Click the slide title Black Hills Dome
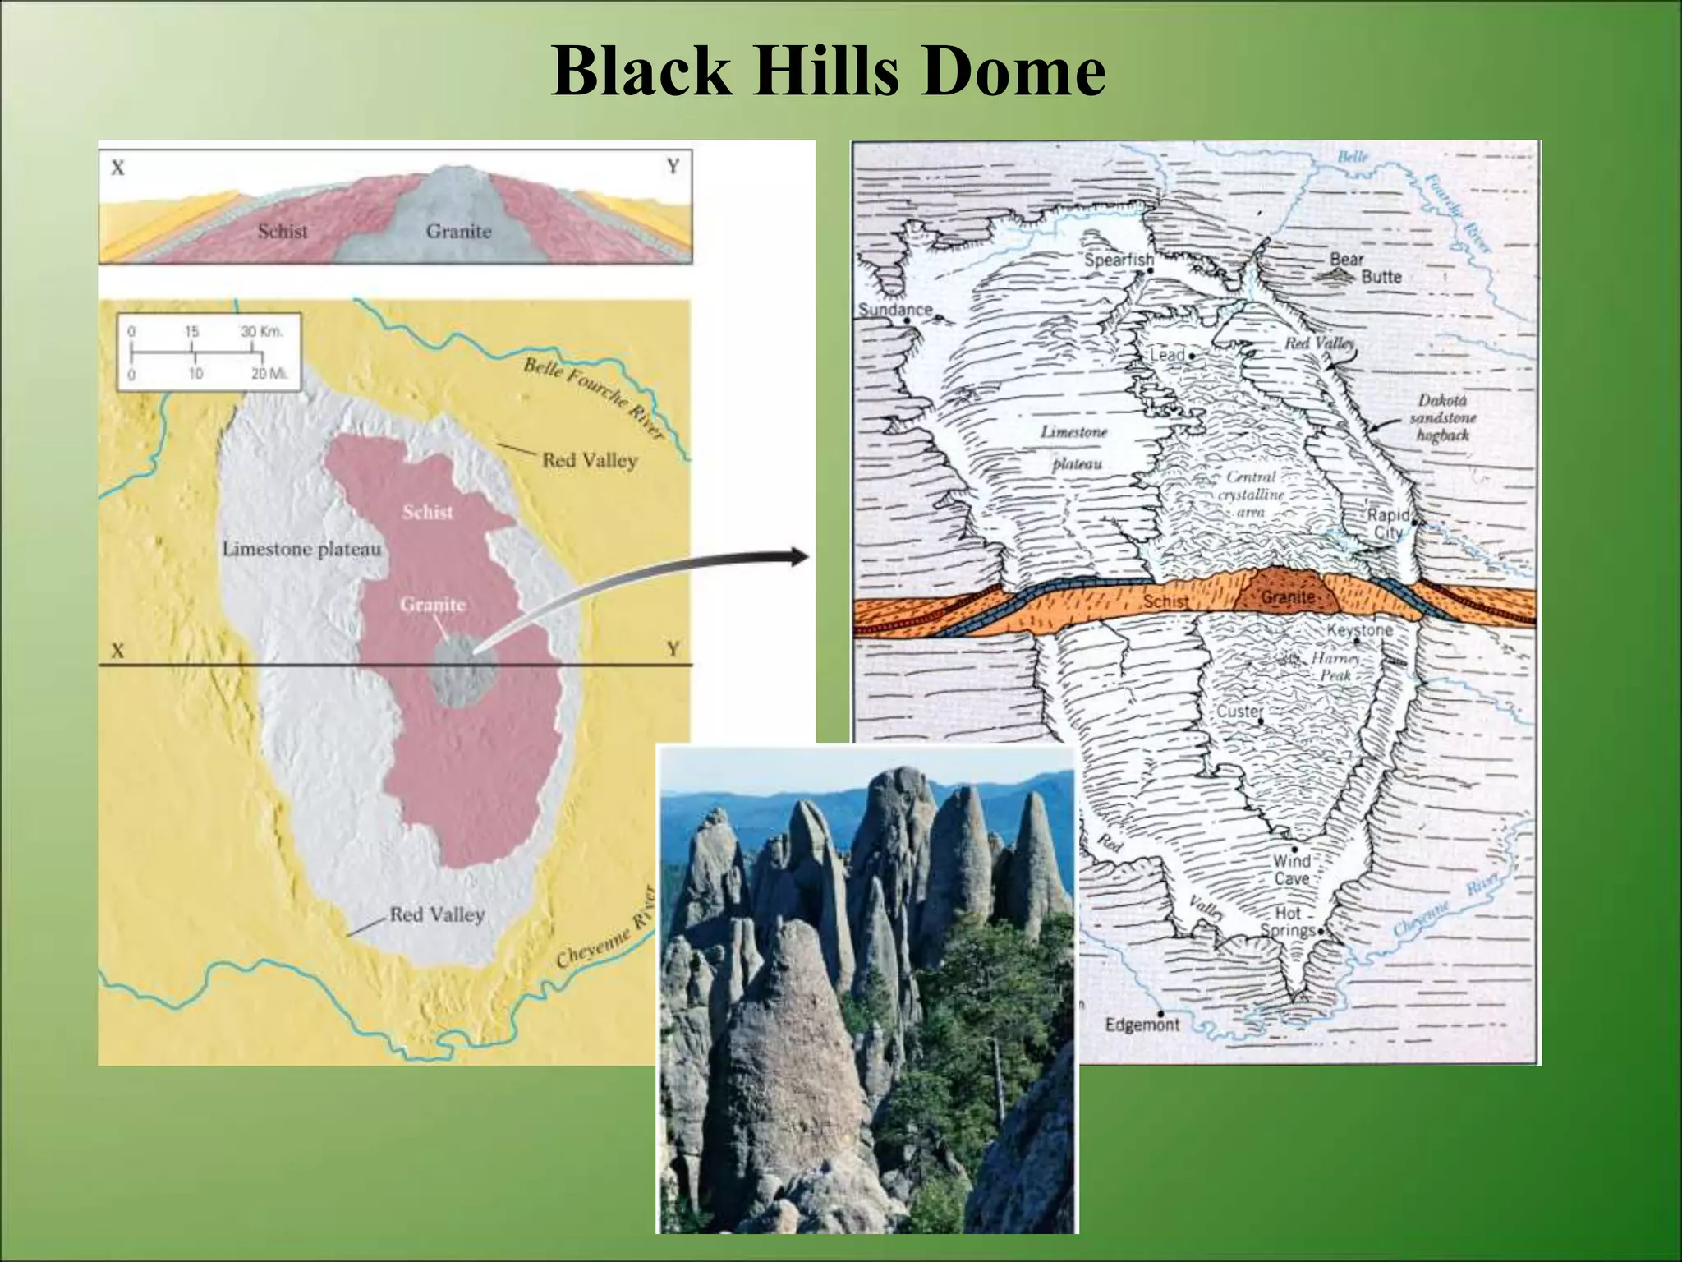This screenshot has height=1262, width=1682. (x=828, y=72)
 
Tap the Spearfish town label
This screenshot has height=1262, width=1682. (x=1119, y=260)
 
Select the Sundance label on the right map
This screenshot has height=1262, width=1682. (x=895, y=310)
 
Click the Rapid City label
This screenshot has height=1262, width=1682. (x=1388, y=523)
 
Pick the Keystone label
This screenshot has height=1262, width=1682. (x=1359, y=630)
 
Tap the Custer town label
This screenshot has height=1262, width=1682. (x=1239, y=712)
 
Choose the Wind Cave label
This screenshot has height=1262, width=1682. (x=1291, y=869)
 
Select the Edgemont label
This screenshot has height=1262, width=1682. (x=1142, y=1025)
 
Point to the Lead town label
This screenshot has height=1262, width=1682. (x=1167, y=355)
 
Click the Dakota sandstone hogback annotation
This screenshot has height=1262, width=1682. (x=1442, y=417)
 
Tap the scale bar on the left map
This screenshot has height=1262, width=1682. (x=208, y=352)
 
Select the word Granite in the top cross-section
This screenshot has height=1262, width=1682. (x=458, y=232)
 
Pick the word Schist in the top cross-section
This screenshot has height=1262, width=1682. (x=283, y=232)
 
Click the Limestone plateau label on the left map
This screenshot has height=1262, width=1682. (x=301, y=548)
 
